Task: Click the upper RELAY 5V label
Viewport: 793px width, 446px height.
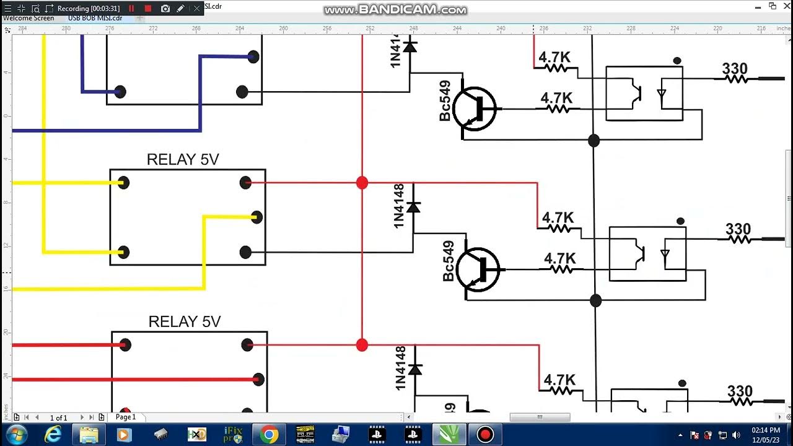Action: click(x=183, y=159)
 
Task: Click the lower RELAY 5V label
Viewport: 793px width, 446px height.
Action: click(x=185, y=321)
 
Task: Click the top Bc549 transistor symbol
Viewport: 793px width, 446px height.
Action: click(x=475, y=108)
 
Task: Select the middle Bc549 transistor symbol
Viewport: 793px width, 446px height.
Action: click(x=478, y=269)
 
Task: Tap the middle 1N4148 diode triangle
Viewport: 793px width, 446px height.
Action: click(x=413, y=208)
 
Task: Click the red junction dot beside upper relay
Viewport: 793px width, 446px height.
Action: click(x=362, y=183)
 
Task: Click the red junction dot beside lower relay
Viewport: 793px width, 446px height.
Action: click(x=362, y=345)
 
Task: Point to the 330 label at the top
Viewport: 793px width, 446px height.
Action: click(x=735, y=69)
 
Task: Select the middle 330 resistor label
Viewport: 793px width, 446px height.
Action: click(x=738, y=229)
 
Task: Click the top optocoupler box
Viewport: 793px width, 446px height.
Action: click(x=644, y=93)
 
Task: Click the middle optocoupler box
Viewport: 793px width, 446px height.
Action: click(x=647, y=254)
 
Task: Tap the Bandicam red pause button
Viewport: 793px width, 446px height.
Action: click(x=131, y=9)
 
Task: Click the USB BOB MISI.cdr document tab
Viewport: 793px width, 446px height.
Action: click(x=95, y=18)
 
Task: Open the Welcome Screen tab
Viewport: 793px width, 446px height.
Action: click(x=28, y=18)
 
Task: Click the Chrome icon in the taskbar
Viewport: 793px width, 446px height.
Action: click(x=269, y=435)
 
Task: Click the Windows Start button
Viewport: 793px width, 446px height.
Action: click(x=17, y=435)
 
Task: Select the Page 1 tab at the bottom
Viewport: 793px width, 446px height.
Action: click(x=126, y=417)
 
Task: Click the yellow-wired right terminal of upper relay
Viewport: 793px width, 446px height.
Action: click(x=256, y=217)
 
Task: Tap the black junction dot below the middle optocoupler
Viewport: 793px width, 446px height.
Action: click(x=595, y=301)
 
